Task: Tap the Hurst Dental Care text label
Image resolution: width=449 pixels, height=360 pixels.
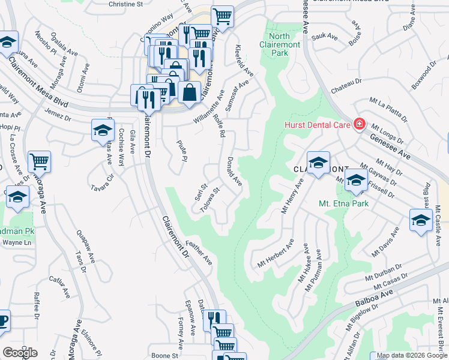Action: tap(317, 125)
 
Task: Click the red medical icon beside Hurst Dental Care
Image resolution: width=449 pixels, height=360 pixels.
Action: tap(359, 124)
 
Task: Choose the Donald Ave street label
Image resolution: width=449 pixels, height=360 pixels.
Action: tap(234, 172)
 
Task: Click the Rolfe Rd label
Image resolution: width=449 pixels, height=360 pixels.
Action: tap(218, 125)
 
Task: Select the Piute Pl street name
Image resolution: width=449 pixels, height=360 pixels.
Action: tap(182, 151)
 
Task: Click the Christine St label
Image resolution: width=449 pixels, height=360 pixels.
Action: tap(125, 4)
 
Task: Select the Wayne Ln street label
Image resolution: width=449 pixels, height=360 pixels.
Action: tap(17, 243)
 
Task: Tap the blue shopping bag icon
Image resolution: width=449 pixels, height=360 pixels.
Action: tap(189, 93)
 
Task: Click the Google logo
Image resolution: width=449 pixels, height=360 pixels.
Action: tap(20, 352)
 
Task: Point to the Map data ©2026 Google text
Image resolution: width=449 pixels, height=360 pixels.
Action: tap(408, 355)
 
